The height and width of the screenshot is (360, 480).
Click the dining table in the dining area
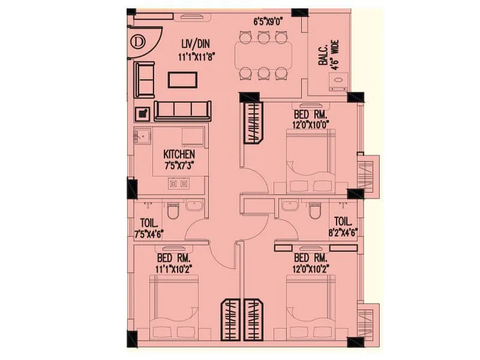point(263,55)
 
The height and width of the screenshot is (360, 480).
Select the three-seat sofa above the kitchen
point(182,110)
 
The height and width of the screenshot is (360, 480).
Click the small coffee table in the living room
point(183,79)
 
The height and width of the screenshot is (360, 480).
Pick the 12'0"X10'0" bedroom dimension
point(310,125)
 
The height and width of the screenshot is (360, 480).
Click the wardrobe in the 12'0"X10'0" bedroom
point(253,122)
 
